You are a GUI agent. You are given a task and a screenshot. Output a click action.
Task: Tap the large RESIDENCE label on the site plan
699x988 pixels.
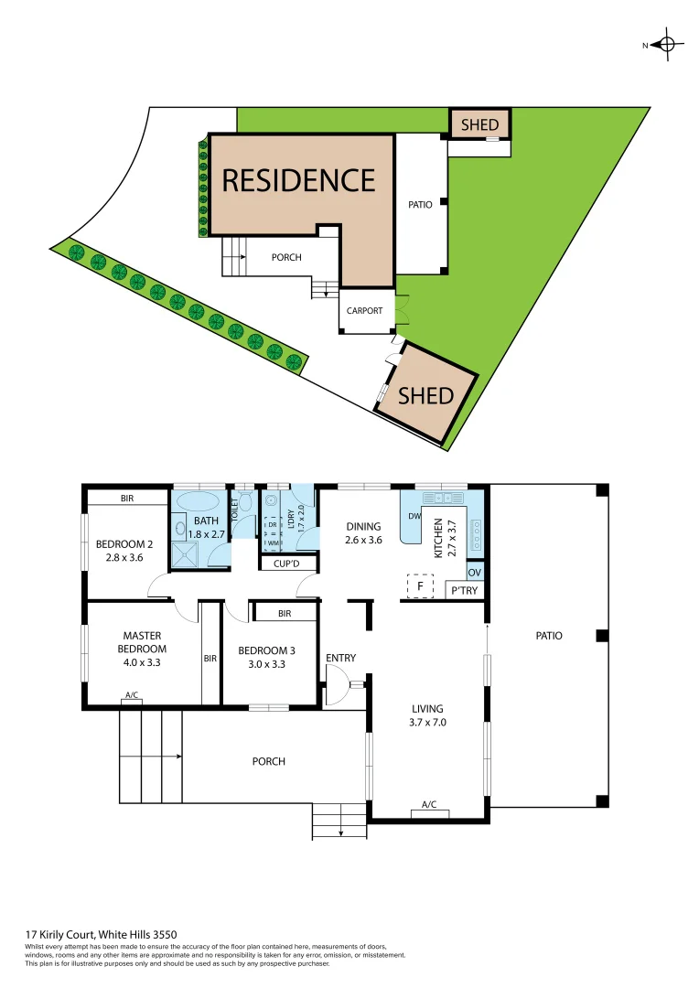coord(299,180)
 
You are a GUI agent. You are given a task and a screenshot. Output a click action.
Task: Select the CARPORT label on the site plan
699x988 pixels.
coord(364,311)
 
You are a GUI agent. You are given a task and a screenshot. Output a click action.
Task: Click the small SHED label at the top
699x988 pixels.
coord(479,124)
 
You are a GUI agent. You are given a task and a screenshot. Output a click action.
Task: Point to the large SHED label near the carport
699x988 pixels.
coord(426,395)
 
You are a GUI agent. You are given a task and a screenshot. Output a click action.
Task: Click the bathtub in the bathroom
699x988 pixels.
coord(198,500)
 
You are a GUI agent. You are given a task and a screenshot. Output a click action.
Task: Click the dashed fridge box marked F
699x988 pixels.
coord(420,585)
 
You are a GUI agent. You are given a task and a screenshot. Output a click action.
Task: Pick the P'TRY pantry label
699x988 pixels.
coord(463,591)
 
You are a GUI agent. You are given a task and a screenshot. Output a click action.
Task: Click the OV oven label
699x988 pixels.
coord(474,573)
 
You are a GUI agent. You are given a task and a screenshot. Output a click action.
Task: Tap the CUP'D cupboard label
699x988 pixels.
coord(286,564)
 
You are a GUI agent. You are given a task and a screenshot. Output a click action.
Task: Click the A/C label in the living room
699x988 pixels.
coord(429,805)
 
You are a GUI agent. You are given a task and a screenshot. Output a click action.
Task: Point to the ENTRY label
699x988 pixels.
coord(340,658)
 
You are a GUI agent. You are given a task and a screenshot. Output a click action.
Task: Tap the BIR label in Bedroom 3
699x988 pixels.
coord(285,614)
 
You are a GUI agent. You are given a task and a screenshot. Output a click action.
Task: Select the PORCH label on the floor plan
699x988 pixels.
coord(268,761)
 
